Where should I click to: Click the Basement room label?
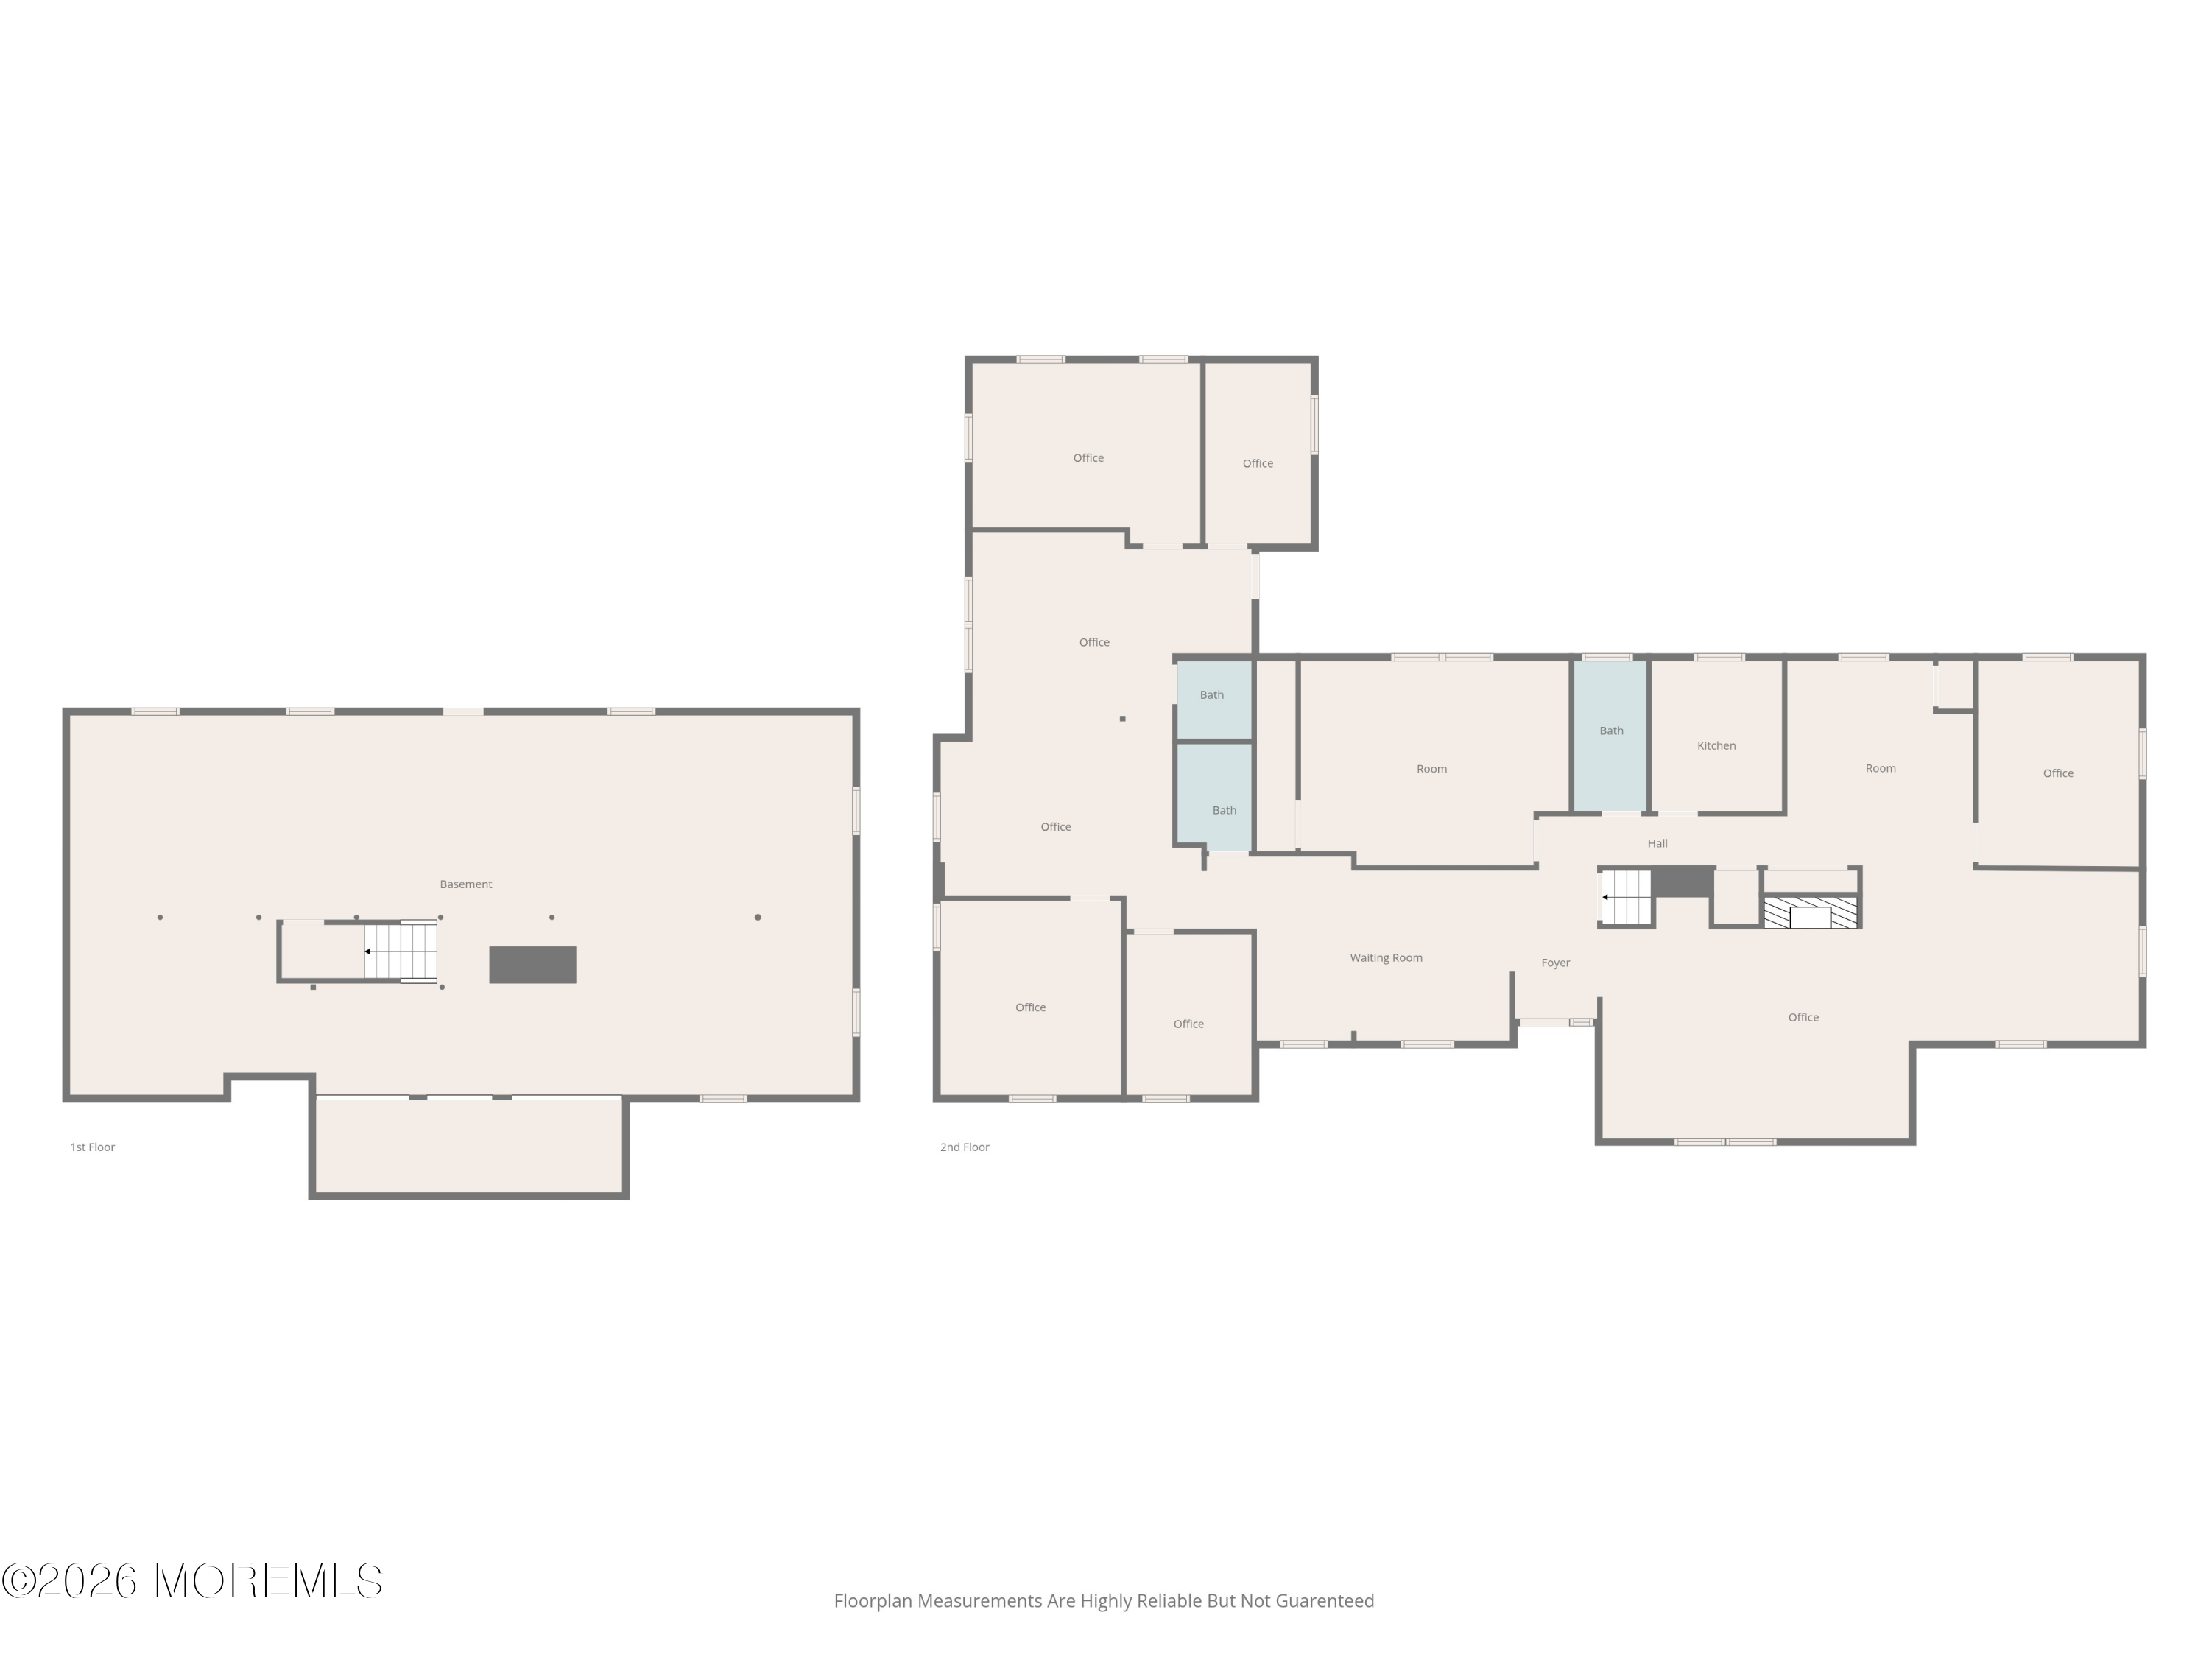465,884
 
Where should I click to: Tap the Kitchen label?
1716,745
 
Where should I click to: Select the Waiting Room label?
1386,958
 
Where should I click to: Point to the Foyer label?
1555,963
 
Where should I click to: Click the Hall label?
1657,843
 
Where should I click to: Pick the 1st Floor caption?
92,1147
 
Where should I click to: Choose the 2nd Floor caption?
964,1147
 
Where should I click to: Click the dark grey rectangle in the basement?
532,965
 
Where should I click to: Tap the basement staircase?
401,951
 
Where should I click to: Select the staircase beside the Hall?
1627,897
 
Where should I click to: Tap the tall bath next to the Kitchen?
1611,735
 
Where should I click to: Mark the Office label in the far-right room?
2057,773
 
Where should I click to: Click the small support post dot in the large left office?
1122,718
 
